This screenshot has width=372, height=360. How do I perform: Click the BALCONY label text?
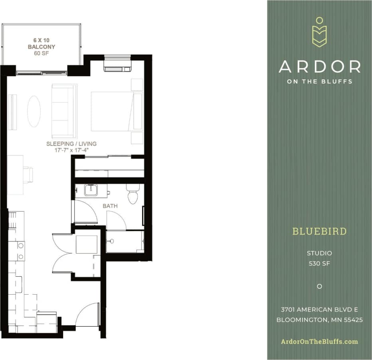point(41,47)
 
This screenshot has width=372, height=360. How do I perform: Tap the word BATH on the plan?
point(110,206)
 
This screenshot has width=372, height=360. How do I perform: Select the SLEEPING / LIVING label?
point(71,144)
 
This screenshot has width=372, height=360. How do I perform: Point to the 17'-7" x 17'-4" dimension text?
point(71,150)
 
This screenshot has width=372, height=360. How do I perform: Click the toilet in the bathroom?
point(132,195)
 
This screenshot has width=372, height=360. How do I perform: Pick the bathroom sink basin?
point(91,190)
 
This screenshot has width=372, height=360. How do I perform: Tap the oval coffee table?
point(34,111)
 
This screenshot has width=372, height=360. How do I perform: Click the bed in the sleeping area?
point(116,111)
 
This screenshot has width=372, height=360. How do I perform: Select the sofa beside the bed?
point(64,110)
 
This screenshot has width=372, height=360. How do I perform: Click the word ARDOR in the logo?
point(319,67)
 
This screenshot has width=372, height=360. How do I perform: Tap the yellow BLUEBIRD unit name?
point(319,231)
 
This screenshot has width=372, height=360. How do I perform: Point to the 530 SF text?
point(319,263)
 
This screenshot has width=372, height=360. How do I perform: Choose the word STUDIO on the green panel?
point(319,253)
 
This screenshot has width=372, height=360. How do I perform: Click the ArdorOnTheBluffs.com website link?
point(319,341)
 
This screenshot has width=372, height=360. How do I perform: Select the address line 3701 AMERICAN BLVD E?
point(319,309)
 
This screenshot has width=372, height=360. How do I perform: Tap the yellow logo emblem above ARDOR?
point(319,32)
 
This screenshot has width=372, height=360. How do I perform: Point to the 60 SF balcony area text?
point(41,53)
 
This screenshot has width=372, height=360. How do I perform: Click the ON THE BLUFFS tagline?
point(319,81)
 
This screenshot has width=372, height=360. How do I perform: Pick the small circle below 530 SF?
point(319,286)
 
